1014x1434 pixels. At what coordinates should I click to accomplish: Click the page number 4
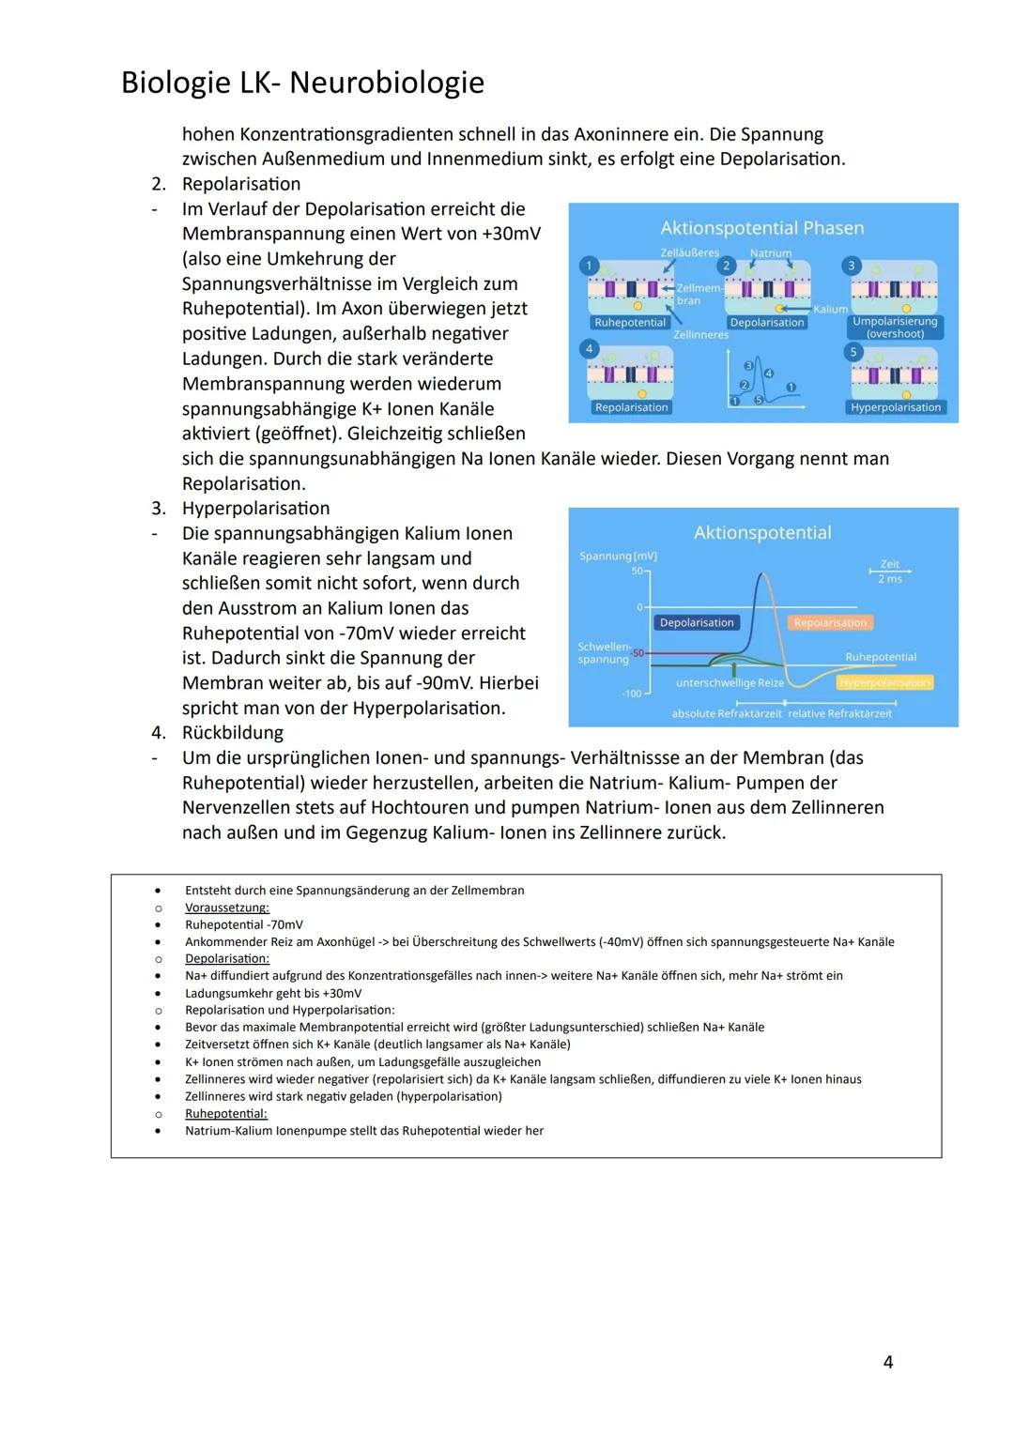(x=888, y=1361)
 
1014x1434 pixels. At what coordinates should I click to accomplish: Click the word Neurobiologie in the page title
(x=387, y=83)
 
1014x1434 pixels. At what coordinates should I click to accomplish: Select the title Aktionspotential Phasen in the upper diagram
(x=761, y=228)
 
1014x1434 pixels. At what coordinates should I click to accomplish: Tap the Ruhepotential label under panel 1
(x=630, y=323)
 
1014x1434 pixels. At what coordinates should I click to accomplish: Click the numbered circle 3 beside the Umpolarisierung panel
(x=852, y=266)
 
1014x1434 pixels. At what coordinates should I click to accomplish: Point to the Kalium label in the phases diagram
(x=830, y=309)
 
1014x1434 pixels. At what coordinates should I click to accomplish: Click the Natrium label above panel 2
(x=770, y=253)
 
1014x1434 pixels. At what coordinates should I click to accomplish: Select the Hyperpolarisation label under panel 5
(x=895, y=407)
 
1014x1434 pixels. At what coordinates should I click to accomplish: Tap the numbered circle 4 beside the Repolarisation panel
(x=590, y=348)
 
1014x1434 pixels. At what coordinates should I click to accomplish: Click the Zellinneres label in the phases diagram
(x=700, y=335)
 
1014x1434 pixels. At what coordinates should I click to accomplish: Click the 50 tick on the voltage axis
(x=637, y=571)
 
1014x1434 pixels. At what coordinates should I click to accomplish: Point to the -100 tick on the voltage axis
(x=631, y=694)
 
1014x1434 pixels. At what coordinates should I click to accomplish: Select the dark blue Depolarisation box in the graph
(x=697, y=622)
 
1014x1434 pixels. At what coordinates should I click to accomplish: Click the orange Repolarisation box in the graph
(x=830, y=622)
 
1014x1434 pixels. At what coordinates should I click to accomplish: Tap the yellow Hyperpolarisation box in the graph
(x=885, y=682)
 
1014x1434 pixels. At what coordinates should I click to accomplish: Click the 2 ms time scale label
(x=889, y=579)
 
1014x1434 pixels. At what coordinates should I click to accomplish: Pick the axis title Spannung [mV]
(x=618, y=556)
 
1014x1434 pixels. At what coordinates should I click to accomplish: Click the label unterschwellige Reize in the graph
(x=730, y=683)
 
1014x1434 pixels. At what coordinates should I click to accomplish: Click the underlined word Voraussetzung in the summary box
(x=227, y=908)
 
